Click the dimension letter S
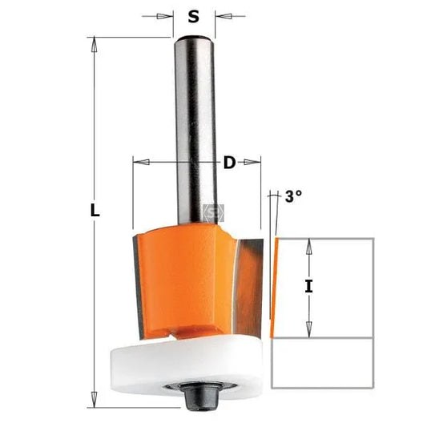point(193,16)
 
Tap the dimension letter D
point(229,163)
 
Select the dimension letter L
point(95,211)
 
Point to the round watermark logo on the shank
point(214,212)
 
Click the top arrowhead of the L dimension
point(95,42)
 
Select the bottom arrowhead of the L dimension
point(95,393)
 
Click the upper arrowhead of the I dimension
point(308,245)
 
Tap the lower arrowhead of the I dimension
point(308,330)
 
